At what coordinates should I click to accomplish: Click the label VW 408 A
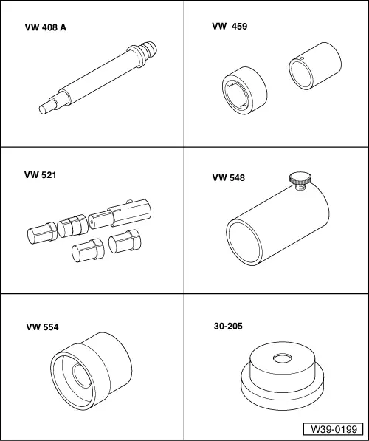pyautogui.click(x=46, y=27)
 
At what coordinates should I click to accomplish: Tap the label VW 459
pyautogui.click(x=230, y=26)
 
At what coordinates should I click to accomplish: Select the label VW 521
pyautogui.click(x=40, y=175)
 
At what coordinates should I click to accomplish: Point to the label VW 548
pyautogui.click(x=229, y=177)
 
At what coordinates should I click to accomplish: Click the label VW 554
pyautogui.click(x=43, y=327)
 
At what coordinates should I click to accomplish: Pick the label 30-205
pyautogui.click(x=228, y=326)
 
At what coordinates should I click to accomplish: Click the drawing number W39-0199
pyautogui.click(x=334, y=429)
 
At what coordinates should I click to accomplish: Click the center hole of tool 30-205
pyautogui.click(x=282, y=358)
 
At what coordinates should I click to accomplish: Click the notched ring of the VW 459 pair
pyautogui.click(x=244, y=91)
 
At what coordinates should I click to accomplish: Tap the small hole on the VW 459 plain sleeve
pyautogui.click(x=302, y=58)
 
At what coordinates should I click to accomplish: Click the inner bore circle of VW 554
pyautogui.click(x=82, y=375)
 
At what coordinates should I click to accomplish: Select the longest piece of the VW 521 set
pyautogui.click(x=120, y=215)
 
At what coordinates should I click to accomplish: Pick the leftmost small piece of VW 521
pyautogui.click(x=42, y=233)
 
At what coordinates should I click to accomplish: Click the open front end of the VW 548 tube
pyautogui.click(x=244, y=242)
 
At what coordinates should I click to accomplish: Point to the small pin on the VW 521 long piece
pyautogui.click(x=129, y=202)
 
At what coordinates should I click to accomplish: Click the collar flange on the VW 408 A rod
pyautogui.click(x=136, y=57)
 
